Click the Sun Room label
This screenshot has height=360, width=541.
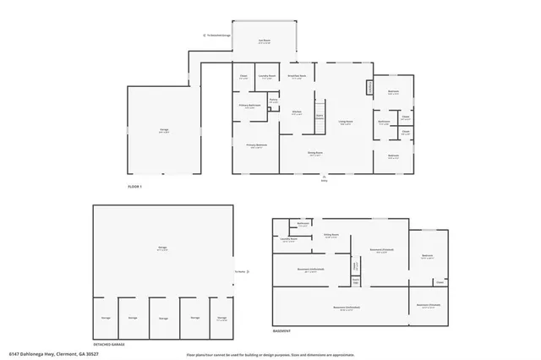coord(265,41)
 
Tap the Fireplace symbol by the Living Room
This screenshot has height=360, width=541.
coord(369,88)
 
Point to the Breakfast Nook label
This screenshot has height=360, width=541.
coord(296,76)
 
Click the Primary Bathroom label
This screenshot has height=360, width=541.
coord(249,106)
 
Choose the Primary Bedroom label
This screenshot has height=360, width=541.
coord(257,145)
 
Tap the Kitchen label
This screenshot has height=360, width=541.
coord(297,113)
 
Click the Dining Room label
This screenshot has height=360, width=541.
coord(315,154)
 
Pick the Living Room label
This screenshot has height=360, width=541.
coord(345,123)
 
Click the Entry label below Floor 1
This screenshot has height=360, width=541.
coord(324,180)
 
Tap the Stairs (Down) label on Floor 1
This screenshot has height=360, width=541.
coord(320,117)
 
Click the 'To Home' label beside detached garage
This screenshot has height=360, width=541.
coord(239,270)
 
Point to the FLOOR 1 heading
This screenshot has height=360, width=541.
coord(135,186)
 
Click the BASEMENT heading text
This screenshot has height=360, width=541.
coord(281,330)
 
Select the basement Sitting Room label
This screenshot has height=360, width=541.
coord(331,236)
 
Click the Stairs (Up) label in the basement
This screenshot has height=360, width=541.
coord(356,270)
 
